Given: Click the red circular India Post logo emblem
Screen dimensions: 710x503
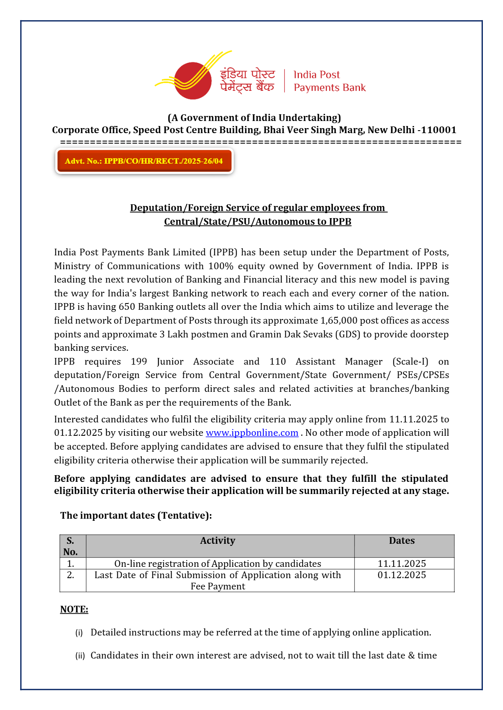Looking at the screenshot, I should coord(192,81).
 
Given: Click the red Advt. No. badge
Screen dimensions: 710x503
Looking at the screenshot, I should coord(144,161).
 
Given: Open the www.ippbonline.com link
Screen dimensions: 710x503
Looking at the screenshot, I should coord(252,433).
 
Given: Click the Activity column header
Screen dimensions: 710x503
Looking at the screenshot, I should coord(218,541).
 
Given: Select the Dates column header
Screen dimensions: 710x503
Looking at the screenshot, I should coord(402,541).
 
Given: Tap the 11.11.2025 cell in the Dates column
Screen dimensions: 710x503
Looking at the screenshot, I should coord(402,563).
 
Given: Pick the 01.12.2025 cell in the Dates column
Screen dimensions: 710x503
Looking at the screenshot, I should coord(402,575).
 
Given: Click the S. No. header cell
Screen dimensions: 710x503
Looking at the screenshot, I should coord(70,546).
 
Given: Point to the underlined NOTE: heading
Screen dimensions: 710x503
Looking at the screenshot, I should coord(74,610).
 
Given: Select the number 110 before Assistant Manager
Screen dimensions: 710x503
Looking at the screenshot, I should coord(277,362).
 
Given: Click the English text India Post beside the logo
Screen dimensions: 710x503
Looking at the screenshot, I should coord(316,75).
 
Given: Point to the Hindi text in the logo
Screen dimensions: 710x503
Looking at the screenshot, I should coord(247,80).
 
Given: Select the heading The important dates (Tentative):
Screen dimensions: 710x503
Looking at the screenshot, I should coord(136,515).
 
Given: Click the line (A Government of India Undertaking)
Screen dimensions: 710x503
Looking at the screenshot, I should coord(254,118).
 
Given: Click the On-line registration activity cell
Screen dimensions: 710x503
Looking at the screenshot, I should coord(218,564).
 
